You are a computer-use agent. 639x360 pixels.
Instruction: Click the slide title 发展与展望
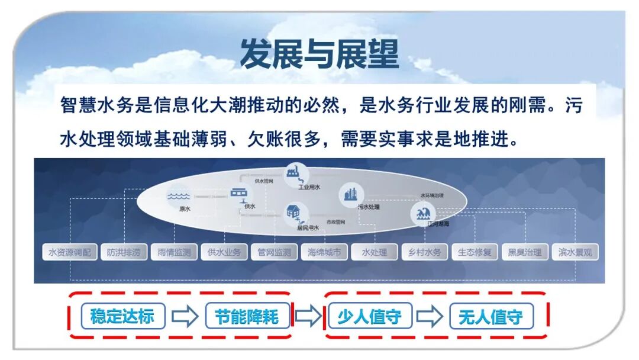pos(319,54)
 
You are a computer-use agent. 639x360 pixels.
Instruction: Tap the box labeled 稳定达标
pos(122,316)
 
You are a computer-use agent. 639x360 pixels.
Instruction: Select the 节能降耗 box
pos(250,316)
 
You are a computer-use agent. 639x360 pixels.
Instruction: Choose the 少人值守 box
pos(369,316)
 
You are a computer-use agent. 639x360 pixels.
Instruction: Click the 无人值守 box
pos(490,316)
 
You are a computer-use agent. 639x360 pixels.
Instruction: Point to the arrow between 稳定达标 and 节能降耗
pos(185,316)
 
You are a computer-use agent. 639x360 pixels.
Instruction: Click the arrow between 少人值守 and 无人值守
pos(429,316)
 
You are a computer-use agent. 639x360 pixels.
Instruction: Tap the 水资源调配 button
pos(70,252)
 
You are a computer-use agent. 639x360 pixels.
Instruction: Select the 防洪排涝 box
pos(124,252)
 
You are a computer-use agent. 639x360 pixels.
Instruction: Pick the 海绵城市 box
pos(324,252)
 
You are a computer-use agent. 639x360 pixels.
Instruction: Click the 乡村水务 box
pos(425,252)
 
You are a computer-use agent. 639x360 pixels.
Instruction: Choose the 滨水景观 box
pos(575,252)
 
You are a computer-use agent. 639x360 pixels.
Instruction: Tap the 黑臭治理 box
pos(524,252)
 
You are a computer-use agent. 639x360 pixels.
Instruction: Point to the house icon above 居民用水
pos(293,211)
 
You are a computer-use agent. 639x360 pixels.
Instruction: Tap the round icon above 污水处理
pos(349,194)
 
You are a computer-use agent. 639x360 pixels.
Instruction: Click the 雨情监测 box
pos(174,252)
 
